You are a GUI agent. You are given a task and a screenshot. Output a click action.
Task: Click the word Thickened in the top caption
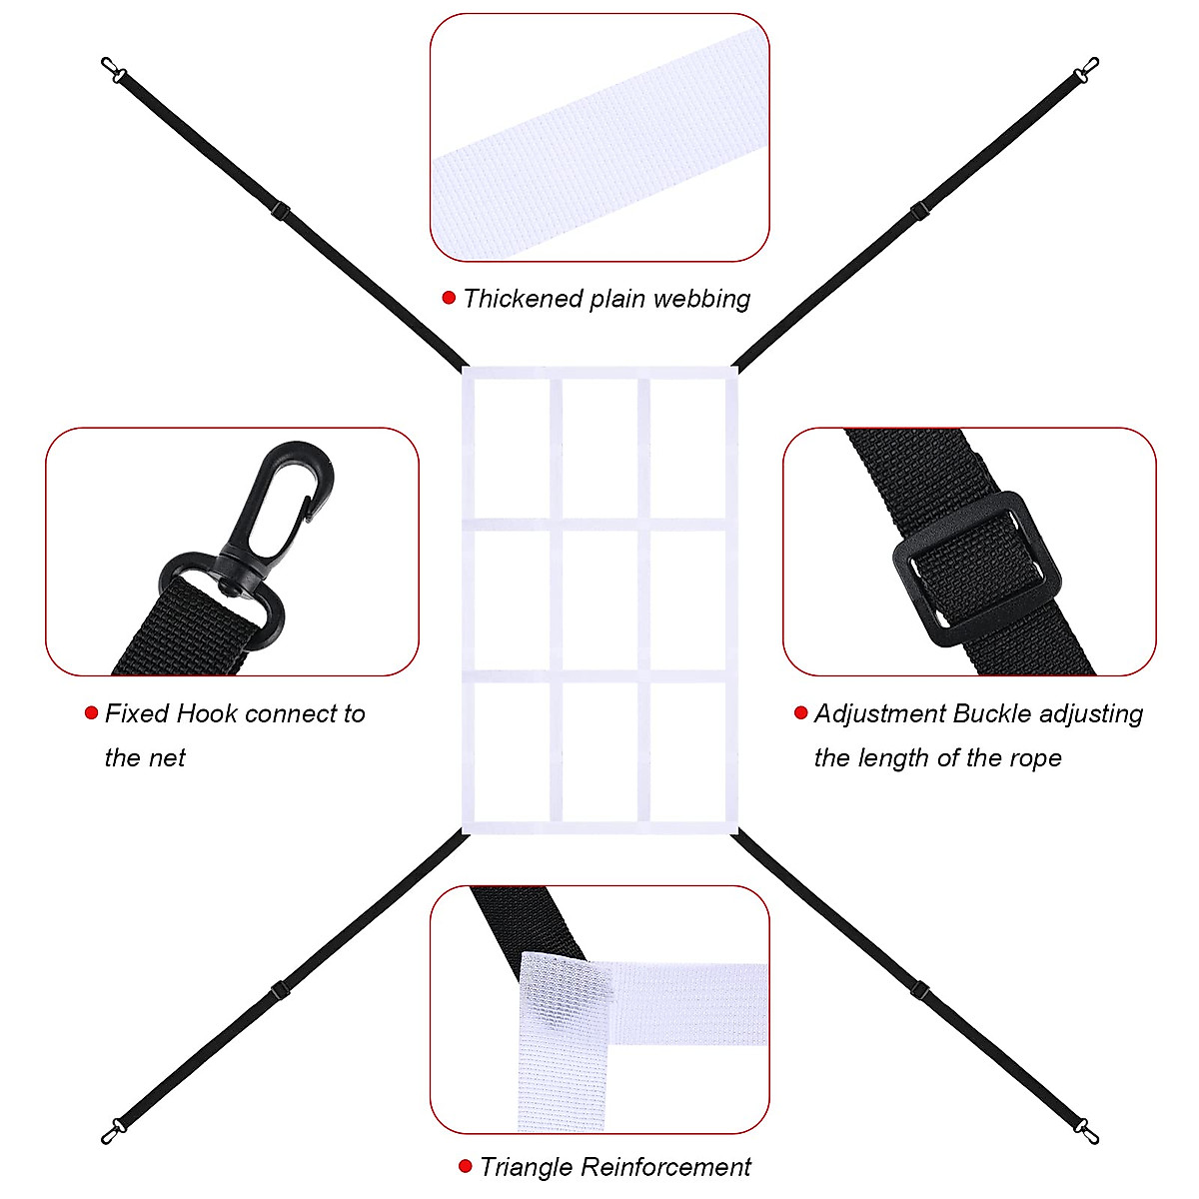522,299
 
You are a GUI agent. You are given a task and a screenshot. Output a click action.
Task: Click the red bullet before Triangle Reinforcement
465,1166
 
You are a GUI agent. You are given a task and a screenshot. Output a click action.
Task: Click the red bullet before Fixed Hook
91,713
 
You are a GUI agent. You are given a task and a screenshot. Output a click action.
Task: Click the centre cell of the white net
599,599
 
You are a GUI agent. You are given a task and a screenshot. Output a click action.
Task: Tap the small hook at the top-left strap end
113,70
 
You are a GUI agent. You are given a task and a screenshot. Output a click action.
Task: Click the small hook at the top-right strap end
1085,71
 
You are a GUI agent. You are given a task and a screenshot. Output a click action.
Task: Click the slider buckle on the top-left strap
280,211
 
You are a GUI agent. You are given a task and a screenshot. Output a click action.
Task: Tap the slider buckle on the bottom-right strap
919,989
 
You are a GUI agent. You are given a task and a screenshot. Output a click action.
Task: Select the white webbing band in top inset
599,140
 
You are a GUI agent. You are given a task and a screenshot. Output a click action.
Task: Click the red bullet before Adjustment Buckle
800,712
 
